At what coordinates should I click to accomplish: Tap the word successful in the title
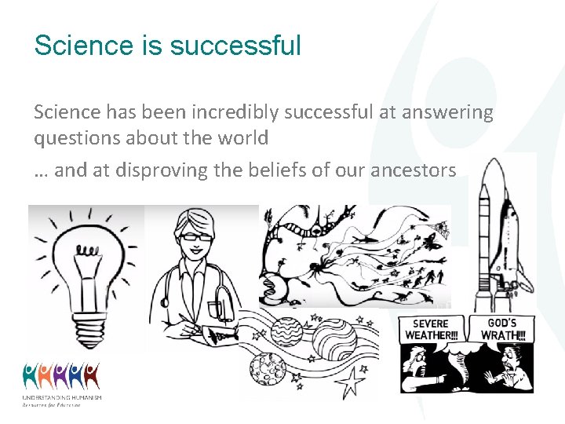point(235,46)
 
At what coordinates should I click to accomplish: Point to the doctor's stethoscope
point(223,302)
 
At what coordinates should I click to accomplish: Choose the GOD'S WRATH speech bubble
point(501,327)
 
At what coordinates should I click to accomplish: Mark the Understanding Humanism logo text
point(62,400)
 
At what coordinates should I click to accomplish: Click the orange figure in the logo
point(92,375)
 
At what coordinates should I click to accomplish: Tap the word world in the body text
point(244,138)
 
